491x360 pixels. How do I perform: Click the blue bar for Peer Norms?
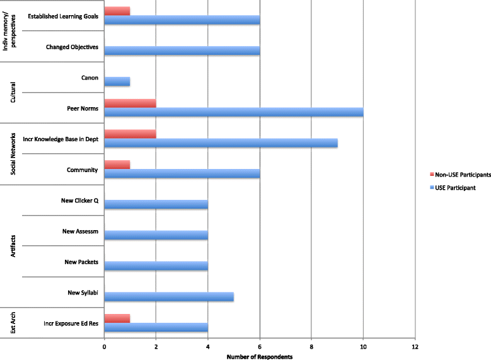(234, 112)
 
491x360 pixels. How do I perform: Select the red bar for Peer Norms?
(130, 103)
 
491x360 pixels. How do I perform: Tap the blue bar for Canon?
(117, 81)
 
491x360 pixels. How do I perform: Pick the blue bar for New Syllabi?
(169, 296)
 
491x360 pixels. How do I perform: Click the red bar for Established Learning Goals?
(117, 11)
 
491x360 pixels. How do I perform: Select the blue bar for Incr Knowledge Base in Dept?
(221, 143)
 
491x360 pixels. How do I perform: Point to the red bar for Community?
(117, 165)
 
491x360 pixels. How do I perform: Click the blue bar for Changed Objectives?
(182, 51)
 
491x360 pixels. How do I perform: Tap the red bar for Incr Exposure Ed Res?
(117, 318)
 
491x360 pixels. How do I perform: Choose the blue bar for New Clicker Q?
(156, 204)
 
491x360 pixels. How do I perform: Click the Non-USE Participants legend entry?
(460, 175)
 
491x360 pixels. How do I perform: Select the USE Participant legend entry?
(453, 188)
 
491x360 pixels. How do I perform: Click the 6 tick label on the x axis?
(260, 347)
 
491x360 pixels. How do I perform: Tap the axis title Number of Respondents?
(260, 357)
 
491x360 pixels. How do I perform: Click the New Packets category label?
(81, 262)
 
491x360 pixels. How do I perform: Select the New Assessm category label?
(80, 231)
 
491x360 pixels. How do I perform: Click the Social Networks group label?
(13, 154)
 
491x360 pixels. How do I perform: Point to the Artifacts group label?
(13, 246)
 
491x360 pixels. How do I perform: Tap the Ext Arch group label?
(13, 323)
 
